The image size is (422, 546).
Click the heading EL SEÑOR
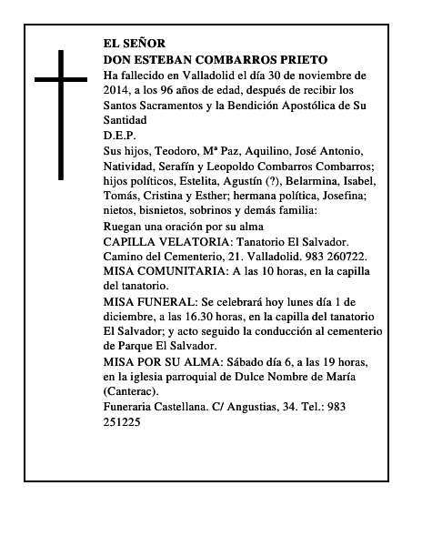tap(135, 43)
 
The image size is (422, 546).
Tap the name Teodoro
tap(197, 150)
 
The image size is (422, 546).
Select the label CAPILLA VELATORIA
tap(166, 241)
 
